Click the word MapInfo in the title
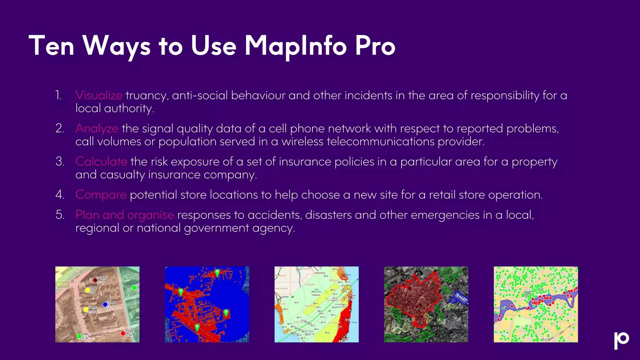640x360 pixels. [295, 46]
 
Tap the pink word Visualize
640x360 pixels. [99, 95]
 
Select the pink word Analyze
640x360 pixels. [97, 128]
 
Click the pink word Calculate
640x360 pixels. [101, 162]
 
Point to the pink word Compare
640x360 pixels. [101, 195]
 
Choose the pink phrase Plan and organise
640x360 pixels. [125, 215]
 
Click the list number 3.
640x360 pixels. [60, 162]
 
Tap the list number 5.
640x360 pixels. [60, 215]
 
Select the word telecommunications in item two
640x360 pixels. [380, 142]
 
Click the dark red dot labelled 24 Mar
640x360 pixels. [95, 280]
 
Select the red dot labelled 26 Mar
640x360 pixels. [123, 333]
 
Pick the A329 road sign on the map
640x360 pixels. [62, 284]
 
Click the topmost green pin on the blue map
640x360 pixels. [217, 272]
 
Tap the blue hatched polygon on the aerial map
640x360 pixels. [459, 298]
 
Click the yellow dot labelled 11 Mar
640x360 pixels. [86, 310]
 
